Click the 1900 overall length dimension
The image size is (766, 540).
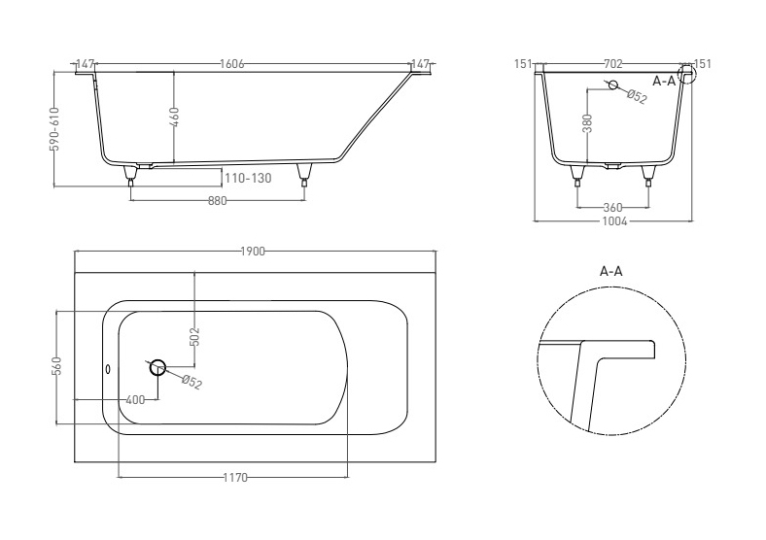(253, 251)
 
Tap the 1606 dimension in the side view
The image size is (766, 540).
(231, 64)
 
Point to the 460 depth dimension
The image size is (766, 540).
(175, 118)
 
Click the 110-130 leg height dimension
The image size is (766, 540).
(248, 178)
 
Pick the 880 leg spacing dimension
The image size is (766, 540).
(218, 200)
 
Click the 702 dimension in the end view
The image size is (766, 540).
(613, 64)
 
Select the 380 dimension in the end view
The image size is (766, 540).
(588, 123)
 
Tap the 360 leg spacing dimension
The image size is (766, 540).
(612, 208)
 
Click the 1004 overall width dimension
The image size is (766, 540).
(614, 221)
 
